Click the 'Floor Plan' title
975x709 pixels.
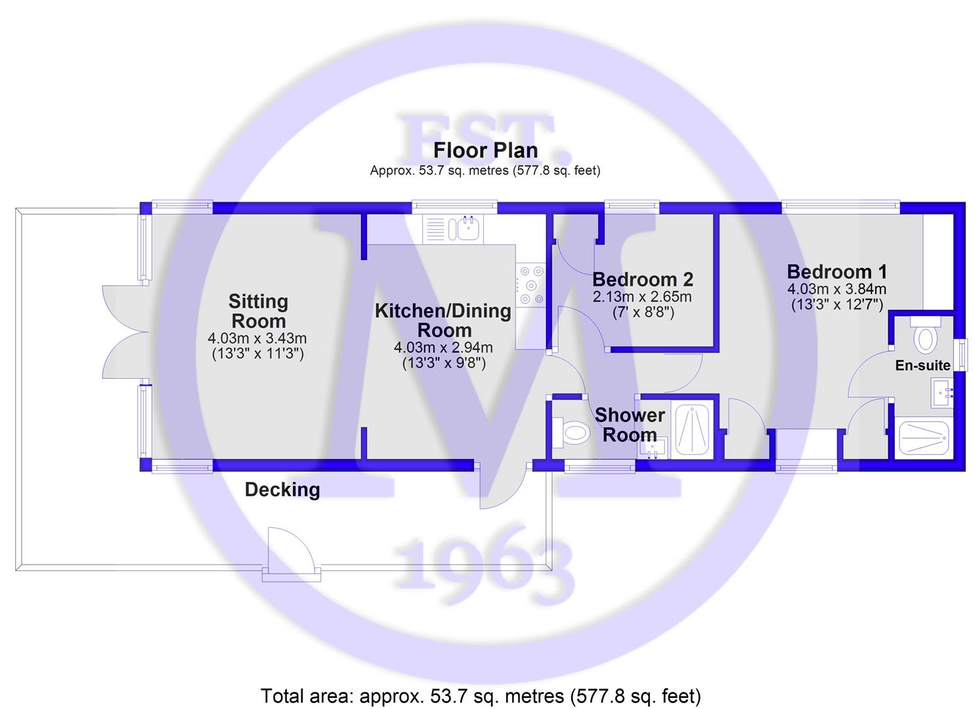coord(485,150)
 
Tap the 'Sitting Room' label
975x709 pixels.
coord(258,311)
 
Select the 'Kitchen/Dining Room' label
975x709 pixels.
coord(443,320)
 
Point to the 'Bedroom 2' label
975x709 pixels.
coord(643,280)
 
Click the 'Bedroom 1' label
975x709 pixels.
coord(837,272)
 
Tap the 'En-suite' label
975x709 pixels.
coord(922,365)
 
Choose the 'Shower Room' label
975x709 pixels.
coord(630,425)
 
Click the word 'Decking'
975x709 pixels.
coord(282,490)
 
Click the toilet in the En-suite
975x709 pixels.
coord(924,335)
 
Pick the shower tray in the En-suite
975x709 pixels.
coord(924,438)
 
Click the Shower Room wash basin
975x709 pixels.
coord(652,449)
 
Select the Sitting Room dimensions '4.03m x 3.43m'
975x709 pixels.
coord(257,338)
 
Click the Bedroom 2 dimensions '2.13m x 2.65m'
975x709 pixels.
coord(642,297)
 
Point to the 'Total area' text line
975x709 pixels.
coord(481,696)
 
